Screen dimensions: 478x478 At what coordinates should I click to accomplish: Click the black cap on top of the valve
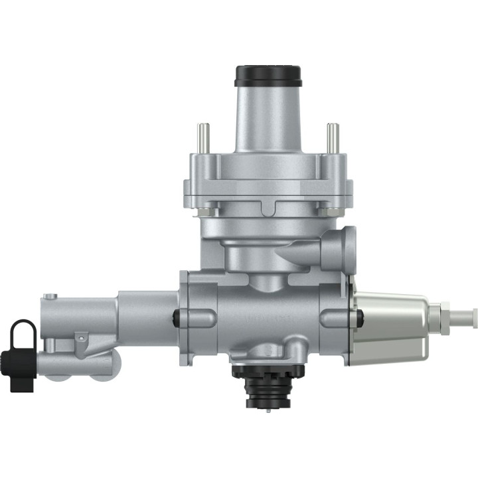[x=268, y=75]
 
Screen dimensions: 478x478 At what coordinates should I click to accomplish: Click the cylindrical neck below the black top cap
[x=268, y=119]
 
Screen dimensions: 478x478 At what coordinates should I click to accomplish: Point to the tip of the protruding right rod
[x=473, y=314]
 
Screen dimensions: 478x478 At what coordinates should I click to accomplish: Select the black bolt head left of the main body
[x=177, y=318]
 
